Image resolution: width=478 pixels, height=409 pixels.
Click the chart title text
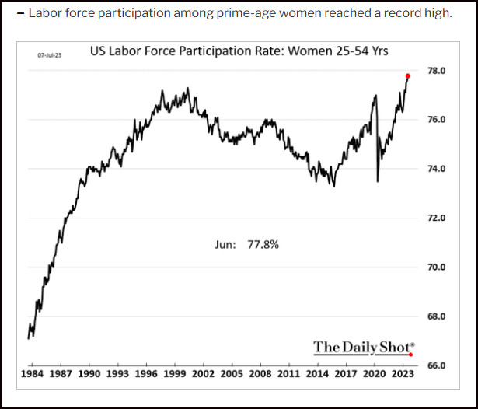click(239, 51)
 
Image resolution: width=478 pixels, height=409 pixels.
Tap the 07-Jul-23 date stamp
click(51, 56)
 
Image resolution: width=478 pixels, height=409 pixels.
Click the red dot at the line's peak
click(408, 75)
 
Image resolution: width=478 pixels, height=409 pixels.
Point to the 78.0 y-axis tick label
click(436, 71)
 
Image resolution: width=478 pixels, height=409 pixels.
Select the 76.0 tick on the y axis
click(436, 120)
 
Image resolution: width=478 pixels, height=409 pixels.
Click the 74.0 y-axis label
click(436, 169)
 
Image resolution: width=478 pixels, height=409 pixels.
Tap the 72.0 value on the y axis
click(436, 218)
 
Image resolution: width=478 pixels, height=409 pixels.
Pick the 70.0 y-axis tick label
click(436, 267)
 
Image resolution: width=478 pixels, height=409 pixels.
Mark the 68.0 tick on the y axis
click(436, 316)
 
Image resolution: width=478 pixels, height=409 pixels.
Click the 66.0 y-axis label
click(436, 365)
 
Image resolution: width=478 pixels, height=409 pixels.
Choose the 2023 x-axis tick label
click(403, 374)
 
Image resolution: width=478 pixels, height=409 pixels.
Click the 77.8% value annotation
click(263, 244)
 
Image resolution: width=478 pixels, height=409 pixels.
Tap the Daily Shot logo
click(362, 347)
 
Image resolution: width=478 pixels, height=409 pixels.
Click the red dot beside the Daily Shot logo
click(411, 355)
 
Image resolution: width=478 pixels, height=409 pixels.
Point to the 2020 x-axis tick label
click(374, 374)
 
